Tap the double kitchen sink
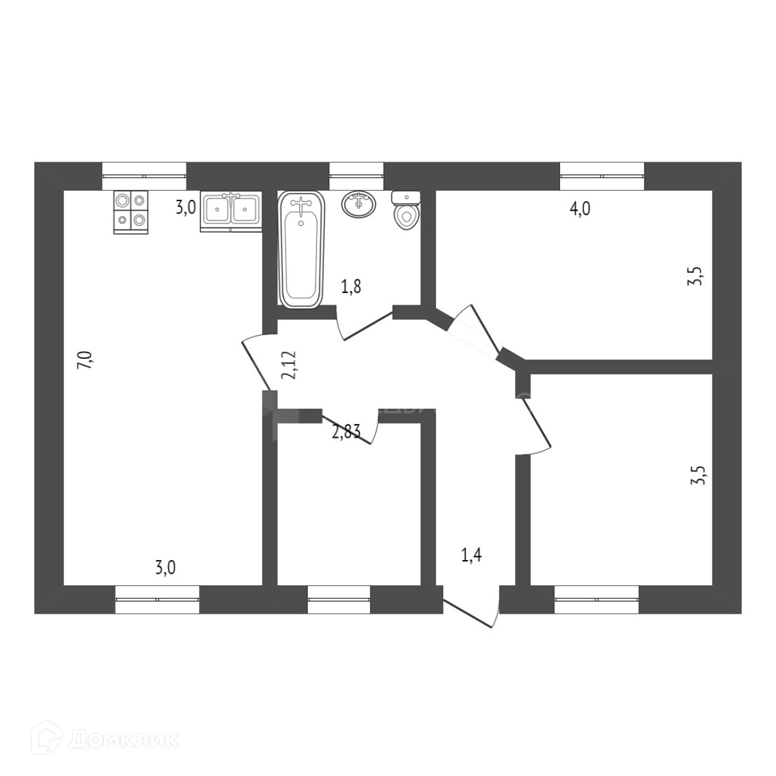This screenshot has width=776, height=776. [x=231, y=210]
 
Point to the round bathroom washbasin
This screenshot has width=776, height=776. [x=358, y=204]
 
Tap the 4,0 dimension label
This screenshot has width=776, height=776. [x=579, y=209]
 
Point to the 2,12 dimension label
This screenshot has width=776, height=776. [x=289, y=365]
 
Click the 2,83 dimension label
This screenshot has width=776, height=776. [x=346, y=431]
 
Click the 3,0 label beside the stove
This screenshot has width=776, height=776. [x=186, y=208]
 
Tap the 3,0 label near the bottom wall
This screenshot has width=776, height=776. [x=166, y=568]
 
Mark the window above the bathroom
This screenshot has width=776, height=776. [x=356, y=175]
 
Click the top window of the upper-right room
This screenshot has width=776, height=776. [x=602, y=175]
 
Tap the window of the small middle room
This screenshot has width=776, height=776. [x=339, y=599]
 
